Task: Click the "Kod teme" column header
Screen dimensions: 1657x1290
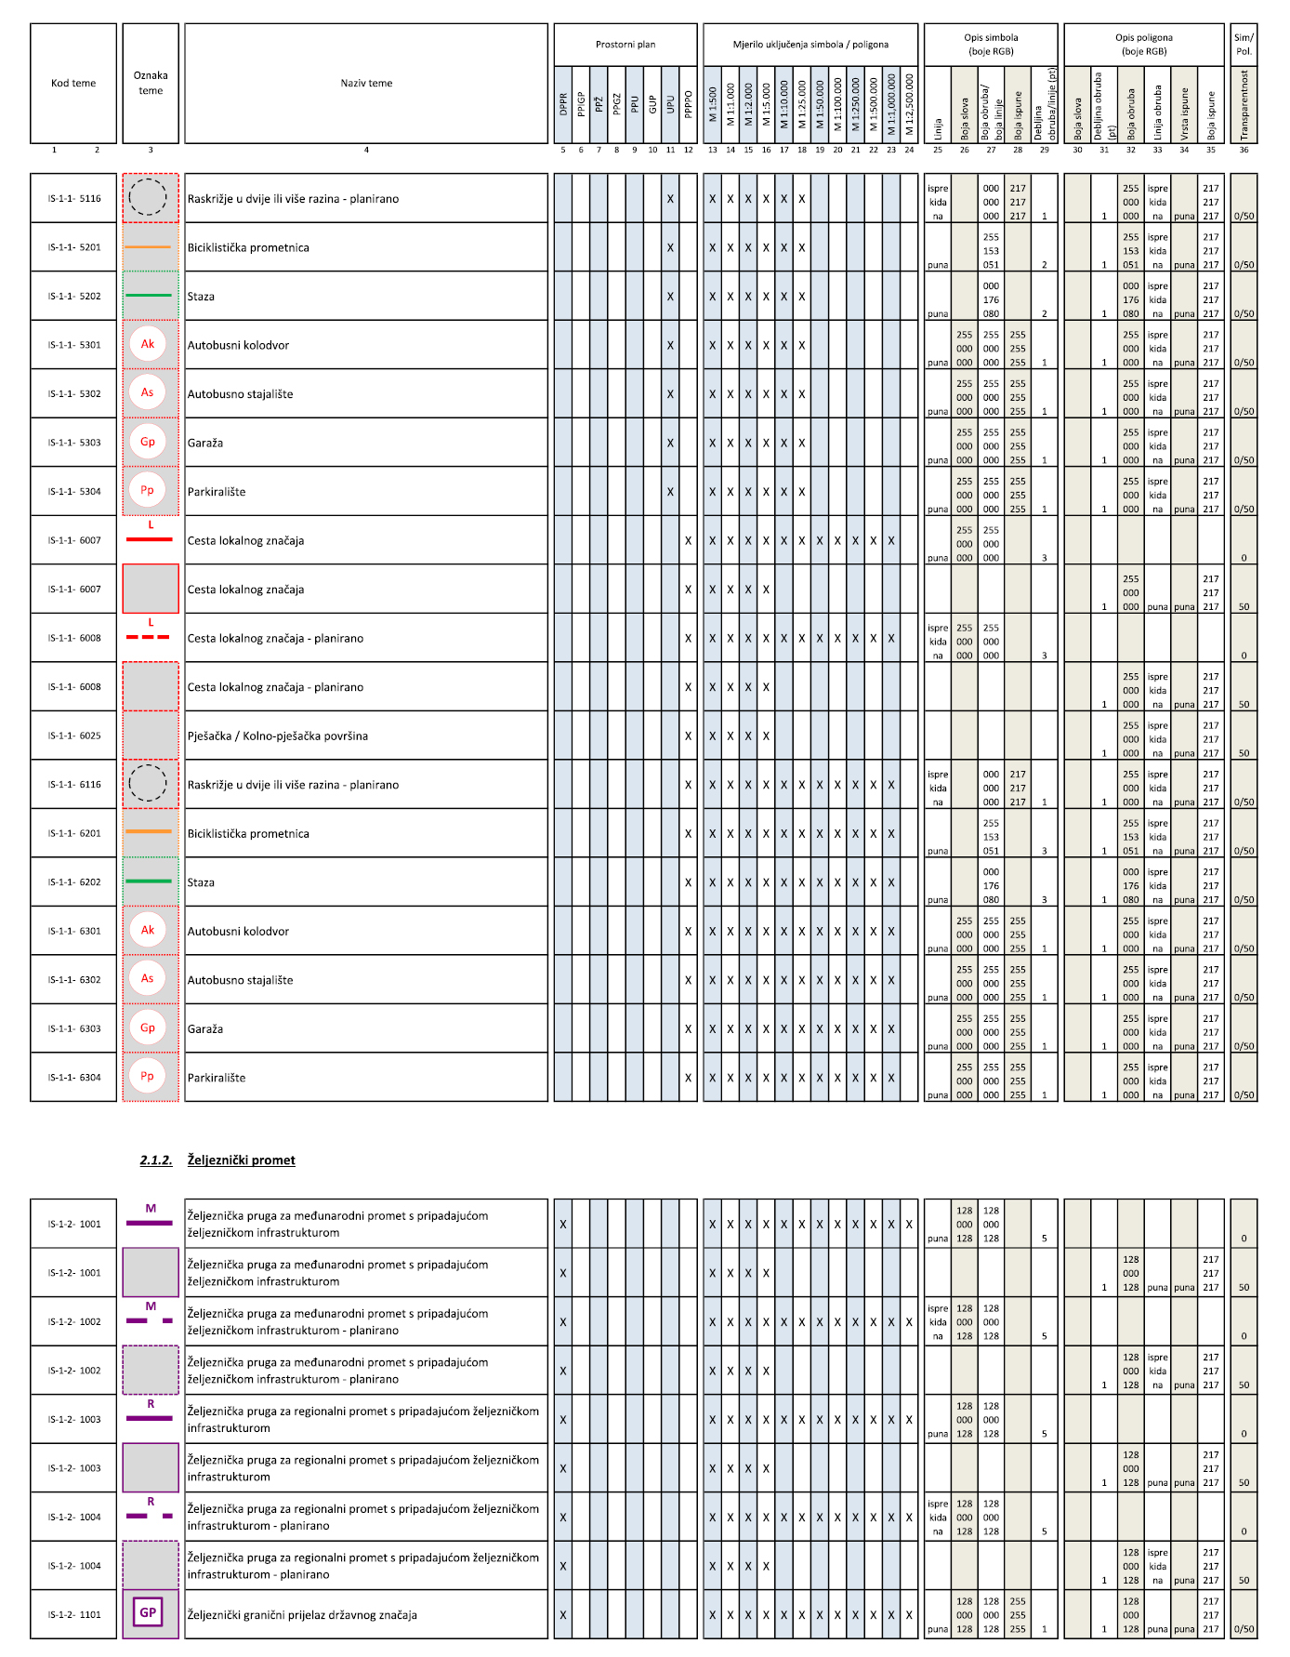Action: pos(73,84)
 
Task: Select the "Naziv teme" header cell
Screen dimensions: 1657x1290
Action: pos(366,84)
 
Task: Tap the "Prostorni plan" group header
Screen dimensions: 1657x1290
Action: pos(625,45)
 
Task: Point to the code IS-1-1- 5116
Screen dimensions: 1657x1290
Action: pos(74,199)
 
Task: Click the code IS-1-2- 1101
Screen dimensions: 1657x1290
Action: pos(74,1615)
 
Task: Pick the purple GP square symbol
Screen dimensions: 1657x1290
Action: pos(148,1613)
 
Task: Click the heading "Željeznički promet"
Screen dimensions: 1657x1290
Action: pos(241,1160)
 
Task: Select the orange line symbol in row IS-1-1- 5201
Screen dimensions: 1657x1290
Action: pos(148,247)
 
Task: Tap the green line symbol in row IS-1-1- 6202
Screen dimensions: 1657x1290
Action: pos(148,882)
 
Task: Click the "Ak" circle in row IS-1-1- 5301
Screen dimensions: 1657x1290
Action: pos(148,344)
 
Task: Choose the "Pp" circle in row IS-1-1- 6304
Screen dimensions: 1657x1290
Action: pos(147,1076)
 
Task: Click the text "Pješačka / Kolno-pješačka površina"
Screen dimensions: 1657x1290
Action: pos(278,736)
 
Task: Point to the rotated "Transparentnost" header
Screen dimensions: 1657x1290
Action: pos(1244,105)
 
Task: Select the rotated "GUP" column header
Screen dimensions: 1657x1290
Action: pos(652,104)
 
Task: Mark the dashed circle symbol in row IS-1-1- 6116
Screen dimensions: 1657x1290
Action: pos(148,783)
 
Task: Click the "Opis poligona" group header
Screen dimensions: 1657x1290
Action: pos(1144,45)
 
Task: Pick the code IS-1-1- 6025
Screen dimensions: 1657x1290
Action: pos(74,736)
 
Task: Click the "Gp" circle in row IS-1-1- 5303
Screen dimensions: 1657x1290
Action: pos(148,442)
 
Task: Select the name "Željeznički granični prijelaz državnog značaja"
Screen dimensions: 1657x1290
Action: pos(302,1615)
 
